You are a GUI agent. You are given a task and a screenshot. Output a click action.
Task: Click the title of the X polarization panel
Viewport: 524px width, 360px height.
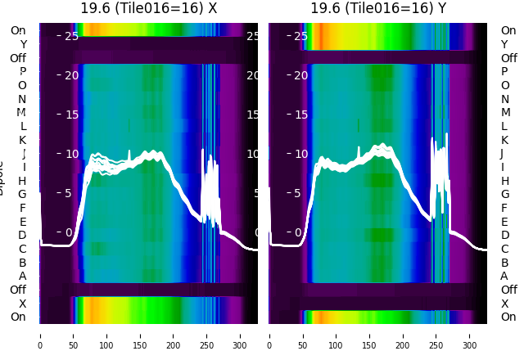[x=149, y=8]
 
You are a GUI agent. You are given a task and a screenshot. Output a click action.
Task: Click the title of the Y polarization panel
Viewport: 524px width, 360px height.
[x=378, y=8]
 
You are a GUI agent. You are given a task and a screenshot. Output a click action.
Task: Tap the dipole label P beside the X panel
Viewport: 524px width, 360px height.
[x=22, y=72]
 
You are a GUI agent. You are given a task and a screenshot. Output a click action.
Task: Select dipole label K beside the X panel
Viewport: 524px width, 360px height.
[x=22, y=140]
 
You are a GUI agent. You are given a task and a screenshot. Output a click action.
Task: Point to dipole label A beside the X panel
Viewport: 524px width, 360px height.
[x=22, y=276]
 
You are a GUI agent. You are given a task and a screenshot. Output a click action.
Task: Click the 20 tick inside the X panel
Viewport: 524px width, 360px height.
[x=70, y=75]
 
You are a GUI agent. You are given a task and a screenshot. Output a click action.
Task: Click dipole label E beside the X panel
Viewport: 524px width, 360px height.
[x=22, y=222]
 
